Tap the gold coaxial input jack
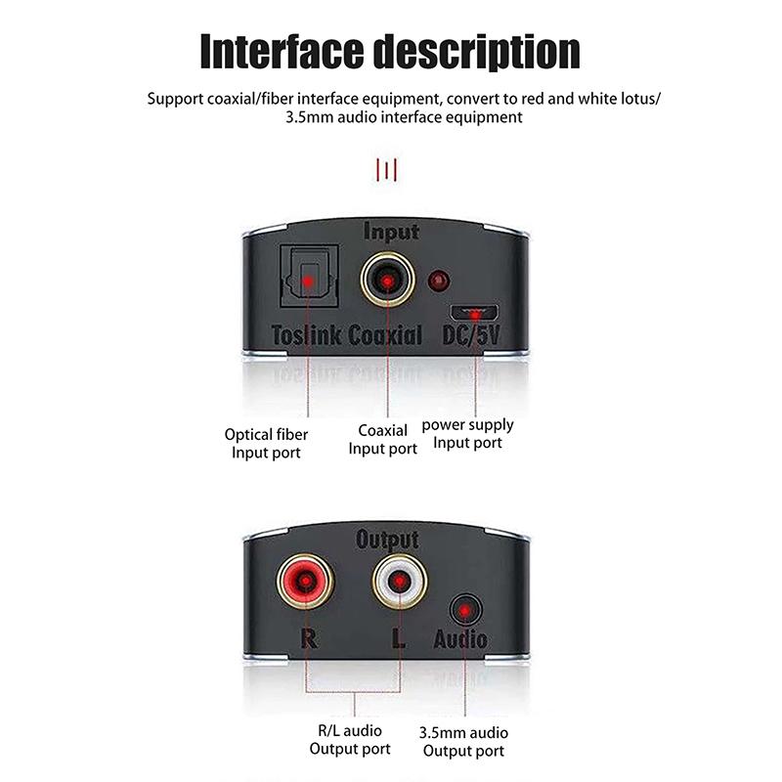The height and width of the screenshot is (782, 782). [x=389, y=282]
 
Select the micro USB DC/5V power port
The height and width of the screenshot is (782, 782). [x=475, y=313]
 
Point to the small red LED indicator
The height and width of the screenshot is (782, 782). [x=441, y=282]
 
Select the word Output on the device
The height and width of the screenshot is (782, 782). [x=388, y=539]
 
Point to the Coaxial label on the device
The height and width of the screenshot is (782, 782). [x=385, y=336]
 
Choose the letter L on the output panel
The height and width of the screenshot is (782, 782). [x=398, y=641]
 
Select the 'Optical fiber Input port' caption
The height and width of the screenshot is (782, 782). [x=266, y=444]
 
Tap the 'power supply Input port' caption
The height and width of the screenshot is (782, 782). [x=467, y=434]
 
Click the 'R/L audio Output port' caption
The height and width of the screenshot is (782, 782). [x=349, y=740]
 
